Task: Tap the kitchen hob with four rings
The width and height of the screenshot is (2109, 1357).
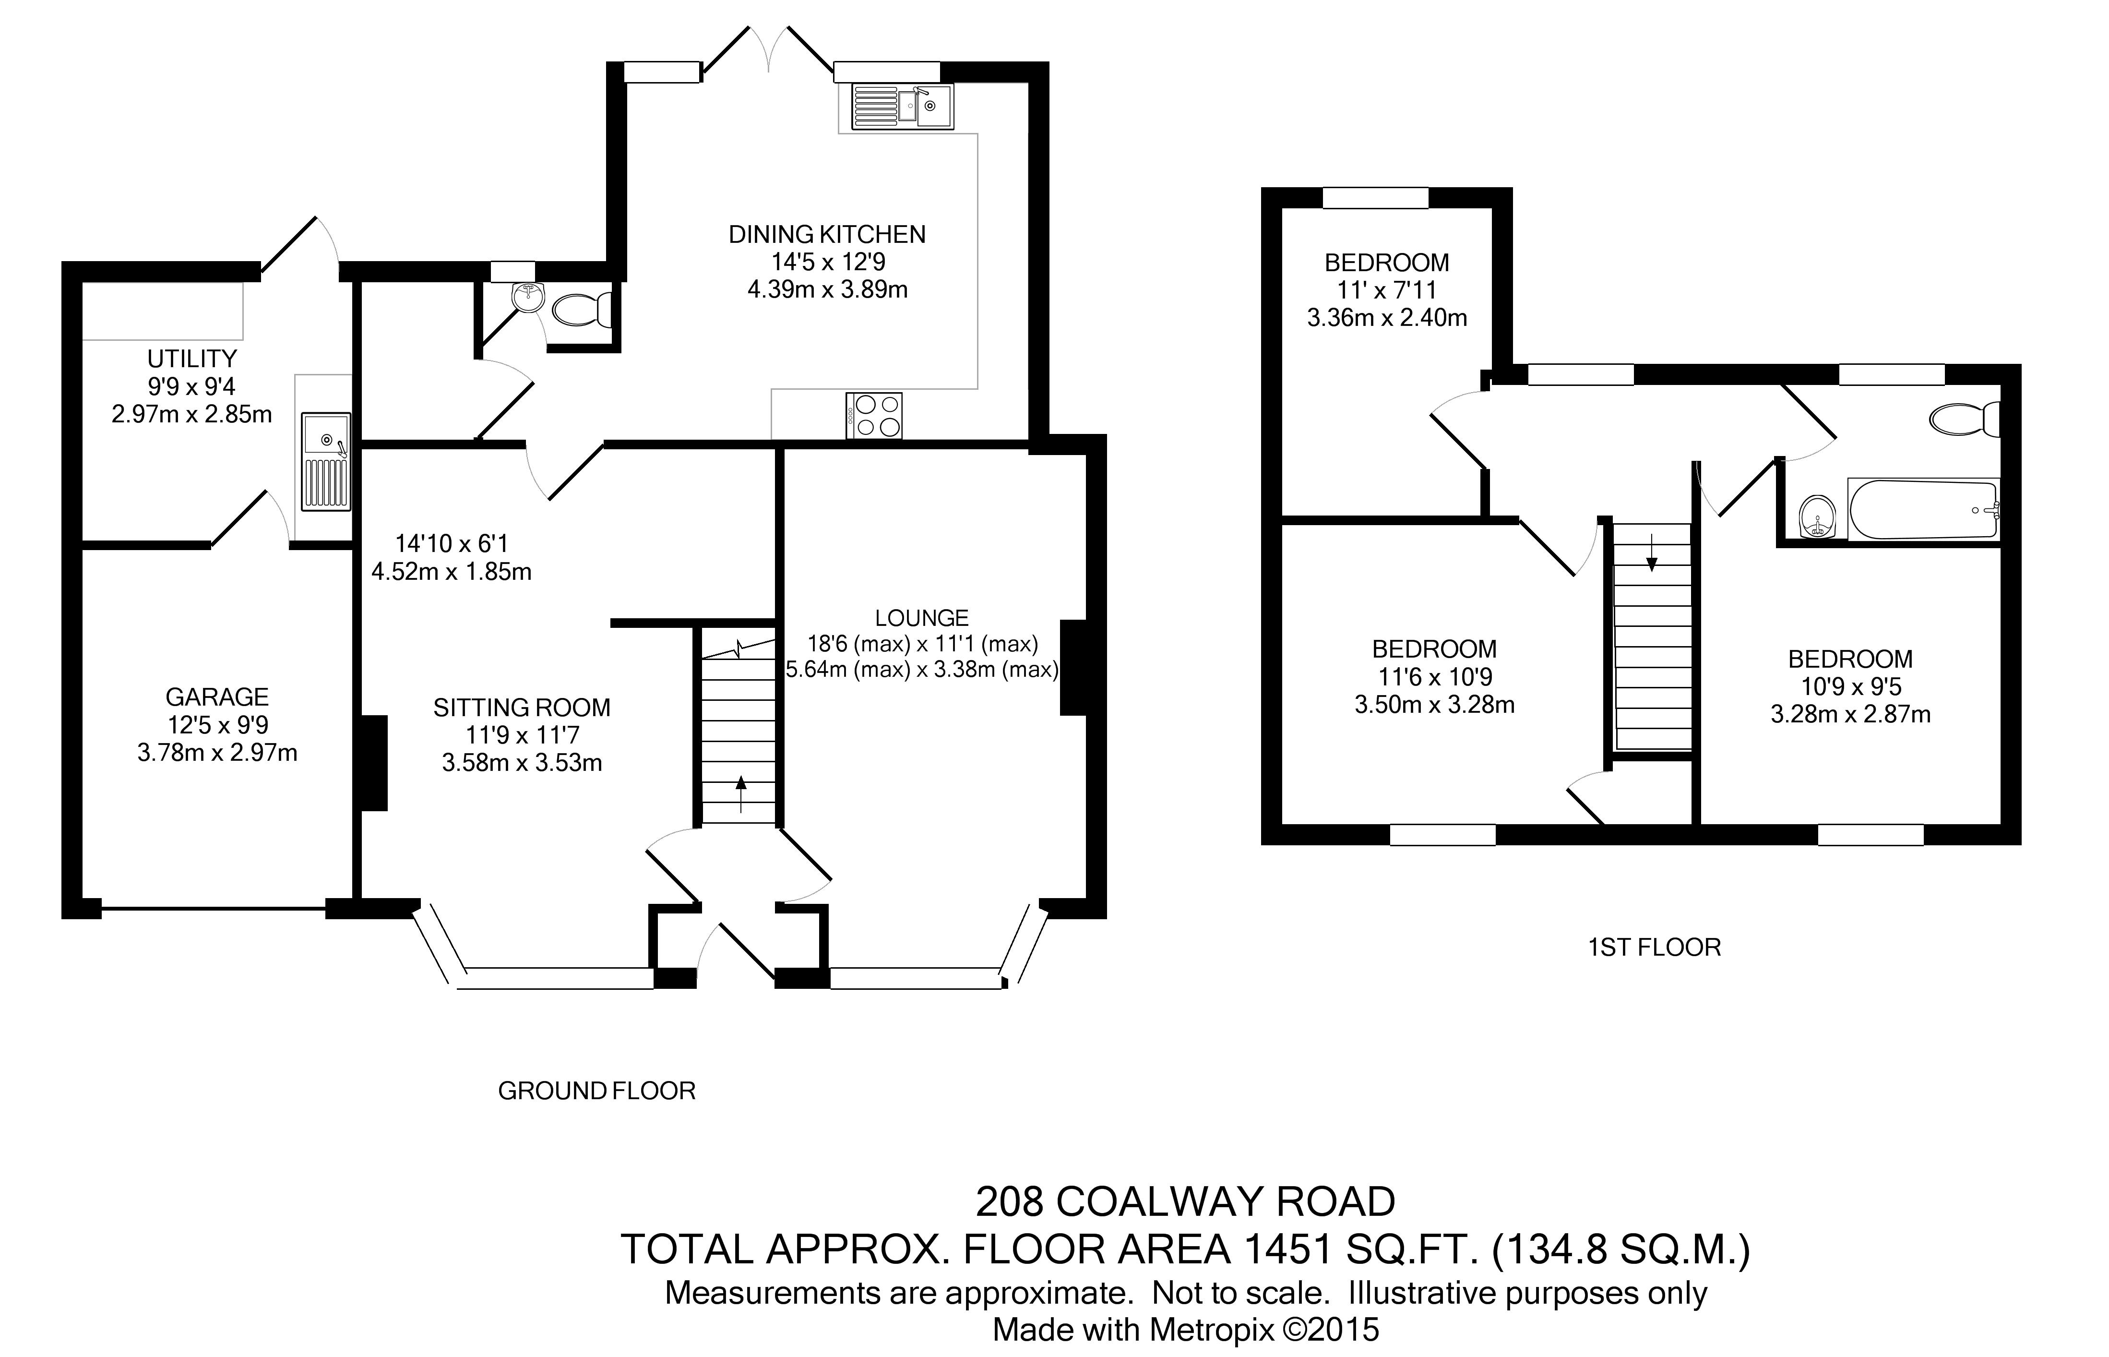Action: [x=874, y=415]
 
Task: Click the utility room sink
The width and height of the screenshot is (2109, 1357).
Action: [x=326, y=462]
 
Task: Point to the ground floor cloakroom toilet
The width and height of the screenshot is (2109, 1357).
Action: [x=582, y=309]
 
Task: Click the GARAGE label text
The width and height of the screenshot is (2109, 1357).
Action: [x=217, y=697]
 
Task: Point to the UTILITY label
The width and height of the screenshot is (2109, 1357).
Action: [x=192, y=359]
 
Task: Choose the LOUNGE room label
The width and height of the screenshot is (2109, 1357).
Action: [x=921, y=618]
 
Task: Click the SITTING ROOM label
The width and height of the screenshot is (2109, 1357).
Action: [x=522, y=708]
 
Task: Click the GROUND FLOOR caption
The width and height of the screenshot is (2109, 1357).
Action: [x=596, y=1091]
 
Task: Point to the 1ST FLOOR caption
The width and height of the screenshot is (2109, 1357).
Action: [x=1654, y=947]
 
